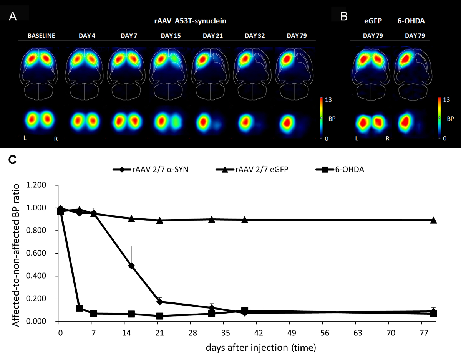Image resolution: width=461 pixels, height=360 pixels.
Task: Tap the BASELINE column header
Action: click(x=41, y=36)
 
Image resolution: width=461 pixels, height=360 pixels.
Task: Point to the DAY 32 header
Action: click(x=254, y=36)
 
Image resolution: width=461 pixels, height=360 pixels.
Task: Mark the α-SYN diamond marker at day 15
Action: click(x=131, y=266)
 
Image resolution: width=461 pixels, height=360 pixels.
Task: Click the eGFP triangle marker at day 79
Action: click(x=433, y=220)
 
